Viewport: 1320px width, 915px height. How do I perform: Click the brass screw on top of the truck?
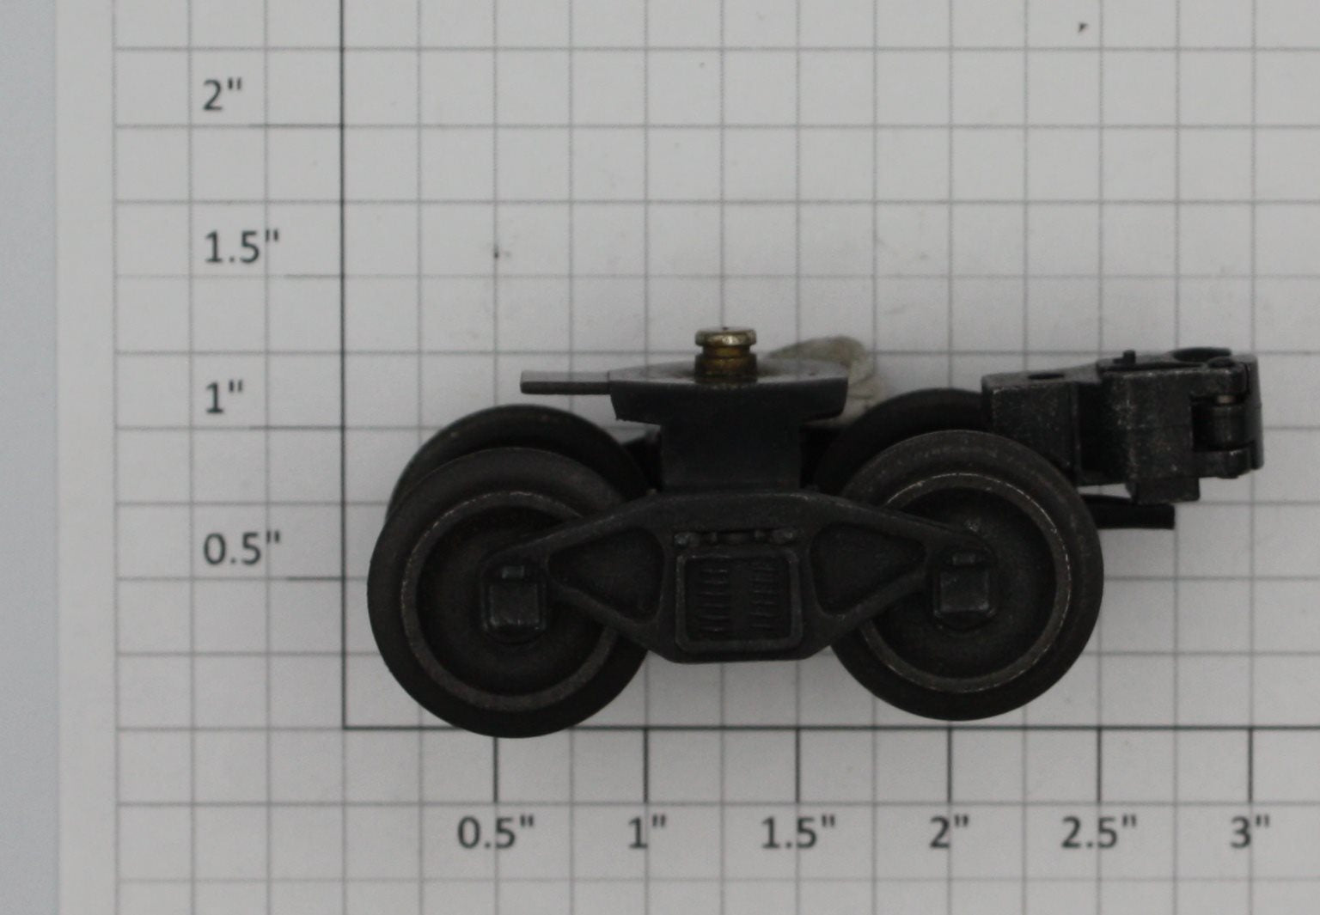point(725,352)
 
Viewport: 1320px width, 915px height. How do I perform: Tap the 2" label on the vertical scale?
point(223,95)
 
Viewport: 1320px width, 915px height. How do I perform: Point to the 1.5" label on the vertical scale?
point(241,247)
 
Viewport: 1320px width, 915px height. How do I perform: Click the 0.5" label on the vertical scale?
point(241,548)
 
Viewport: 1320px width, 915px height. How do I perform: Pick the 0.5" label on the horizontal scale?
point(496,833)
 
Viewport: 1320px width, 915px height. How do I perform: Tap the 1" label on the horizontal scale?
point(647,833)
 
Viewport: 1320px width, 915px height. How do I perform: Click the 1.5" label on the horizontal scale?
point(797,833)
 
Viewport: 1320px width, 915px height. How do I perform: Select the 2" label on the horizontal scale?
point(949,833)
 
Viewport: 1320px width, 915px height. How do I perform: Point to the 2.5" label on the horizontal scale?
point(1099,833)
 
